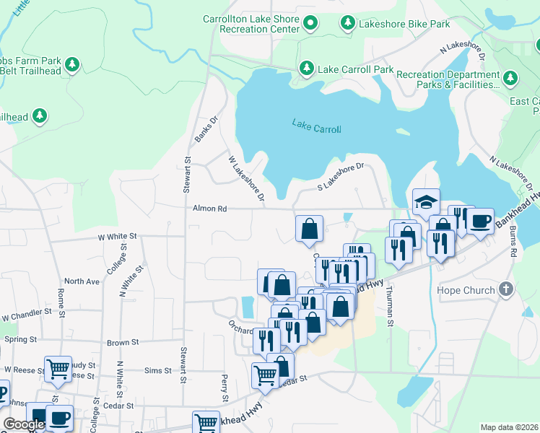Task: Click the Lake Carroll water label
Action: (316, 126)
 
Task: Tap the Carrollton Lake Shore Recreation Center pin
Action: (310, 24)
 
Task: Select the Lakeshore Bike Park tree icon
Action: (347, 24)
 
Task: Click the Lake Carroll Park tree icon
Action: (307, 69)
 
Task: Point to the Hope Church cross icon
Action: (506, 290)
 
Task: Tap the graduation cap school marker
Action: (426, 201)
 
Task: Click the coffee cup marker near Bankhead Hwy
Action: (480, 221)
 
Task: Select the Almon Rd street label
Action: (209, 209)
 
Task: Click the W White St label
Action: (118, 236)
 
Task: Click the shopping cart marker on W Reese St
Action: (58, 369)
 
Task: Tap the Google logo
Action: (24, 424)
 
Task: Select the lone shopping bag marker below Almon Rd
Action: (309, 229)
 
